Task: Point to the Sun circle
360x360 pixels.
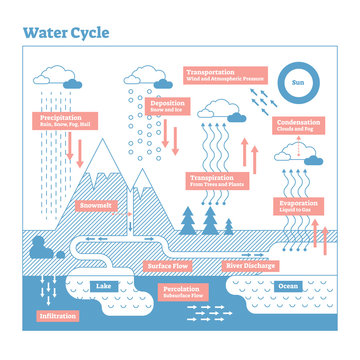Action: click(x=297, y=84)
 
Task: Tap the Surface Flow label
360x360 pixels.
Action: click(x=167, y=266)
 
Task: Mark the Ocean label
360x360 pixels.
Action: click(x=286, y=287)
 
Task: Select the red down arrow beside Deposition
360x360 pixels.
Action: click(x=173, y=138)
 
